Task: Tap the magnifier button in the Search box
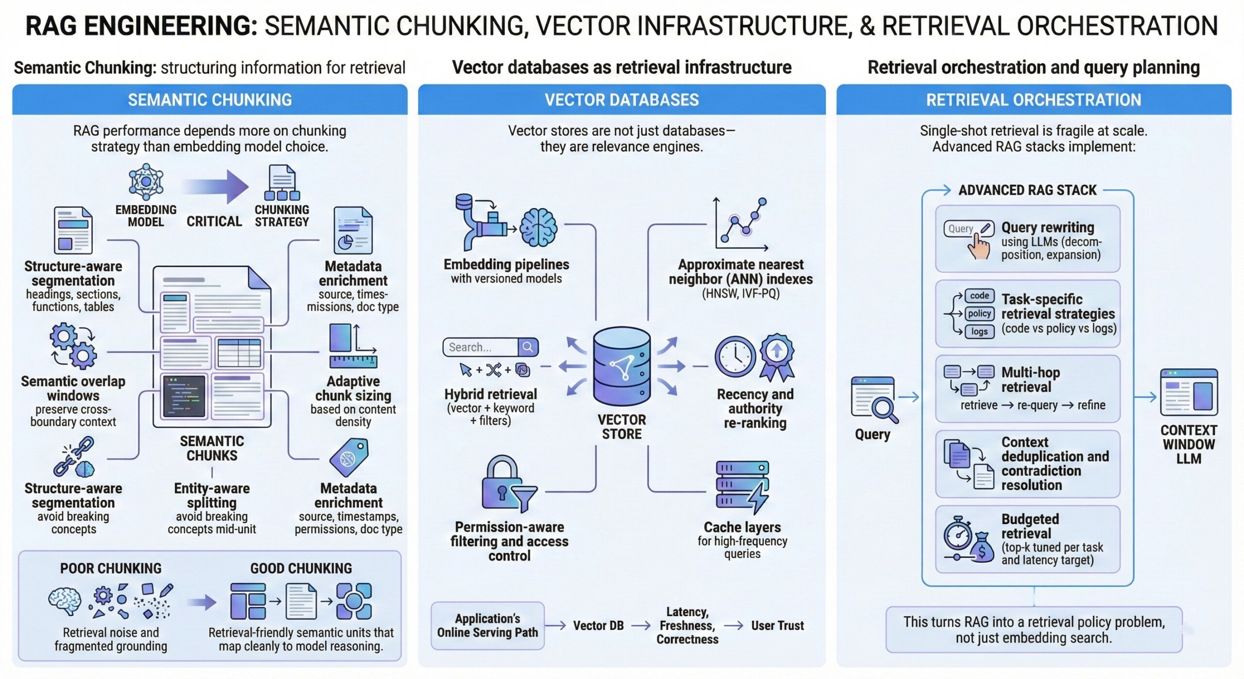pyautogui.click(x=528, y=347)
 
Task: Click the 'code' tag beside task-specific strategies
pyautogui.click(x=979, y=296)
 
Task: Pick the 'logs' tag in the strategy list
pyautogui.click(x=979, y=332)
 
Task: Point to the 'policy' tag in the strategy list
pyautogui.click(x=979, y=314)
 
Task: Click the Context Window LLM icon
pyautogui.click(x=1189, y=392)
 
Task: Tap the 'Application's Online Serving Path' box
pyautogui.click(x=487, y=625)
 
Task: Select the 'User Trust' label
pyautogui.click(x=777, y=625)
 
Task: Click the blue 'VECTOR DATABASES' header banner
pyautogui.click(x=622, y=100)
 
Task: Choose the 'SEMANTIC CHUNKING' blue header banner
pyautogui.click(x=210, y=100)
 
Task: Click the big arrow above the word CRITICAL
pyautogui.click(x=216, y=187)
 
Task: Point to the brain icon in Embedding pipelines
pyautogui.click(x=538, y=228)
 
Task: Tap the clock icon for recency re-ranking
pyautogui.click(x=735, y=357)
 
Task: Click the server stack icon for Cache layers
pyautogui.click(x=742, y=487)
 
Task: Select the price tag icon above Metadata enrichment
pyautogui.click(x=349, y=457)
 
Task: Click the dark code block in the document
pyautogui.click(x=185, y=396)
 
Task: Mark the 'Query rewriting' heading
pyautogui.click(x=1048, y=228)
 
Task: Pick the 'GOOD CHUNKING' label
pyautogui.click(x=301, y=569)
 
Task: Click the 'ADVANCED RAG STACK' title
pyautogui.click(x=1027, y=190)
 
